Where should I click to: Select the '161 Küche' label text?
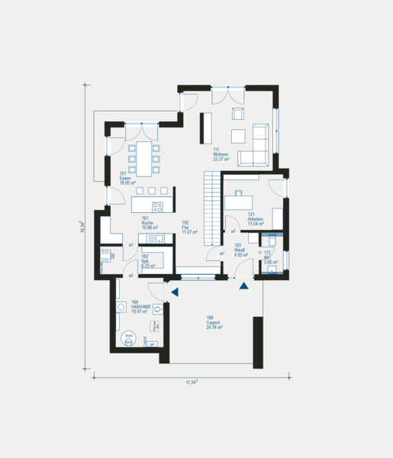click(149, 223)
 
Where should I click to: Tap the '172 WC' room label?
click(270, 256)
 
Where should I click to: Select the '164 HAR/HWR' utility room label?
click(139, 306)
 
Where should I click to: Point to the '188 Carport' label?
click(214, 321)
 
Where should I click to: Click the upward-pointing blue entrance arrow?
click(244, 286)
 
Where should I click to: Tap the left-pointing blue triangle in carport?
click(175, 292)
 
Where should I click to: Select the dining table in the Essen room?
click(143, 160)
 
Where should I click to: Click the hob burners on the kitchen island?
click(158, 205)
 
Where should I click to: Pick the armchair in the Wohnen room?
click(237, 114)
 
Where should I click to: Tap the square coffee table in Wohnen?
click(240, 136)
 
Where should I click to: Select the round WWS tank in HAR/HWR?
click(129, 338)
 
